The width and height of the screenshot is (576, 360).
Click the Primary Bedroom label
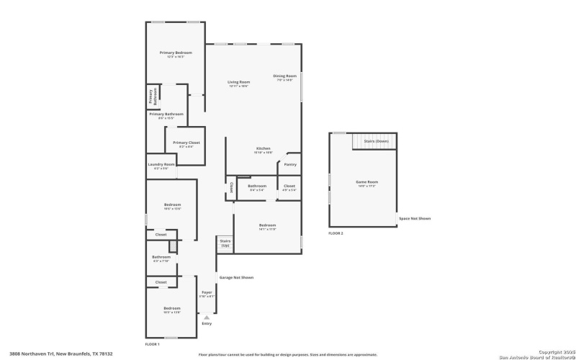[176, 53]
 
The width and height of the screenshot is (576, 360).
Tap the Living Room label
[238, 83]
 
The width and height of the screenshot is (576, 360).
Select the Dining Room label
[284, 76]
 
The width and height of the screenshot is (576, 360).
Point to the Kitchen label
[263, 148]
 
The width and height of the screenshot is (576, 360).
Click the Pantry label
[290, 164]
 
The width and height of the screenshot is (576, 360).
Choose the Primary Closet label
[186, 143]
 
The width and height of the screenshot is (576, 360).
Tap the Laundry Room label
[161, 165]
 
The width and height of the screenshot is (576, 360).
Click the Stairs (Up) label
[225, 243]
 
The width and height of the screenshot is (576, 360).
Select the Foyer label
[207, 293]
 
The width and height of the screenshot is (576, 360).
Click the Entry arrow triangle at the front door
[207, 316]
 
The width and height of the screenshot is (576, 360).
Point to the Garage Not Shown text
[236, 277]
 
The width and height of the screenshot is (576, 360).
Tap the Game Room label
[366, 182]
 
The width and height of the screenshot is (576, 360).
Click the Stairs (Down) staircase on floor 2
[374, 141]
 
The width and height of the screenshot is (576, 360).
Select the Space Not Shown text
[415, 218]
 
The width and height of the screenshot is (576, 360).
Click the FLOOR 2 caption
[336, 234]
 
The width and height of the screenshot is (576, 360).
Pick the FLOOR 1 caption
[153, 345]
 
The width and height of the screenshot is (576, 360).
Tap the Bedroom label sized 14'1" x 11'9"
[267, 225]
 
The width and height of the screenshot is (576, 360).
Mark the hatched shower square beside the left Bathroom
[173, 247]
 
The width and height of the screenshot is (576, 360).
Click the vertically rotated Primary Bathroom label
[152, 97]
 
